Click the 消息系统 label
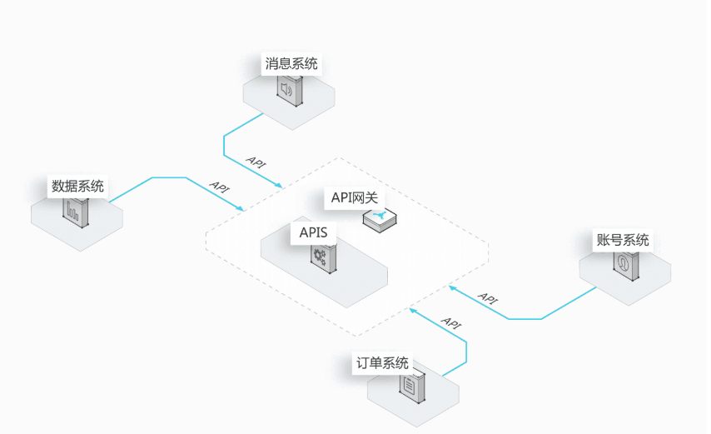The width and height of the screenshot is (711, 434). click(x=291, y=63)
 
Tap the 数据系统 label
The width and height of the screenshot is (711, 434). click(x=78, y=186)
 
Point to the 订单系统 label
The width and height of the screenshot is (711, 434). click(x=381, y=363)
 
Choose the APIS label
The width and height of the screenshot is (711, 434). click(x=314, y=232)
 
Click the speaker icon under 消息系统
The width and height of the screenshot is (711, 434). click(x=288, y=89)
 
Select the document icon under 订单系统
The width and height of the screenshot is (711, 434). click(x=410, y=387)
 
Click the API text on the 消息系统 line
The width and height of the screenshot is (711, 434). click(x=256, y=162)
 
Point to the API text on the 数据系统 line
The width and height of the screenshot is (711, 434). click(x=220, y=187)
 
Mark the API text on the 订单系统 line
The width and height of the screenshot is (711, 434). click(x=450, y=322)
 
